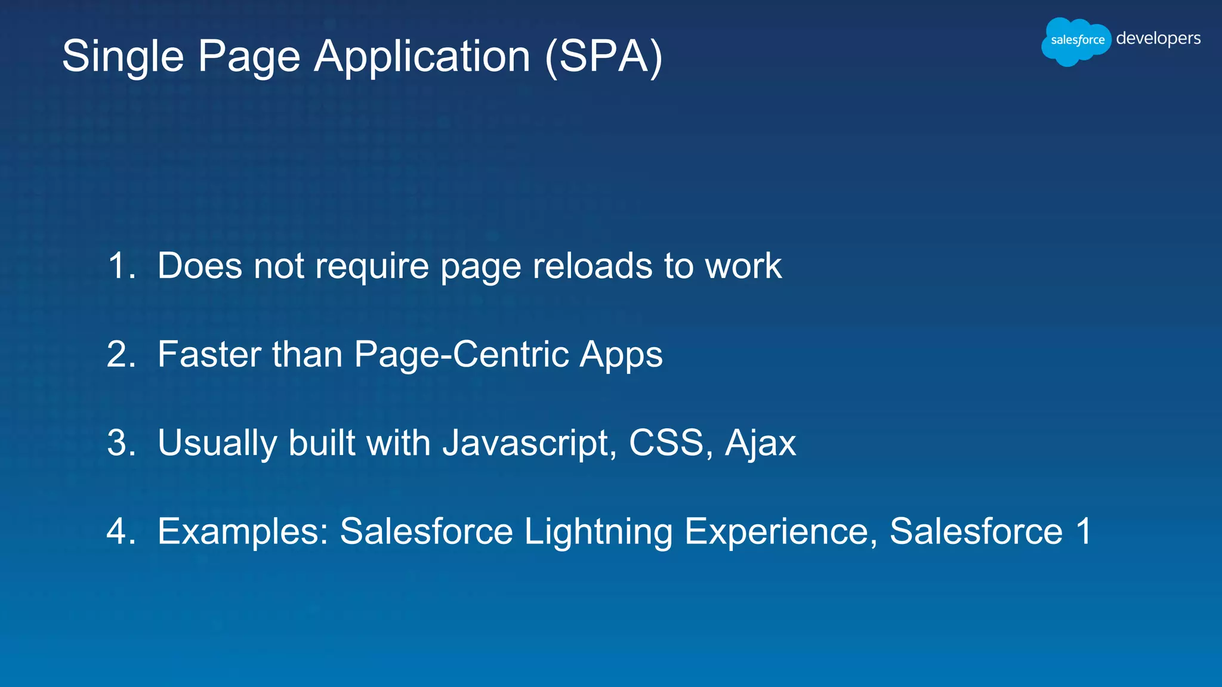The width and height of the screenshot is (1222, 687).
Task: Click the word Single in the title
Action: (123, 57)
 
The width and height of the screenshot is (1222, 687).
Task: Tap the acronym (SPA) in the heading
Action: (603, 57)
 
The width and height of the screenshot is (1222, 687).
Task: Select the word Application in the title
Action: (422, 57)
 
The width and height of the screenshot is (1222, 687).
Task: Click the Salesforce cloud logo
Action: (1076, 41)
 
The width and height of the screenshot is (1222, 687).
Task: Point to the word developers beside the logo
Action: (1158, 39)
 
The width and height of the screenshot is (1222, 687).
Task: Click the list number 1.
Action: (121, 265)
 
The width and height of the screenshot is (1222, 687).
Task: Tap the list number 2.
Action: (121, 354)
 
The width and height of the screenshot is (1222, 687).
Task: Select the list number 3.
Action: (121, 442)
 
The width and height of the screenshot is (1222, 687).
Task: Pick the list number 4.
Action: (121, 531)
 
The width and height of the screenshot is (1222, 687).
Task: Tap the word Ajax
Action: (760, 444)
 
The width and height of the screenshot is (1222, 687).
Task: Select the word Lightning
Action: (598, 532)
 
